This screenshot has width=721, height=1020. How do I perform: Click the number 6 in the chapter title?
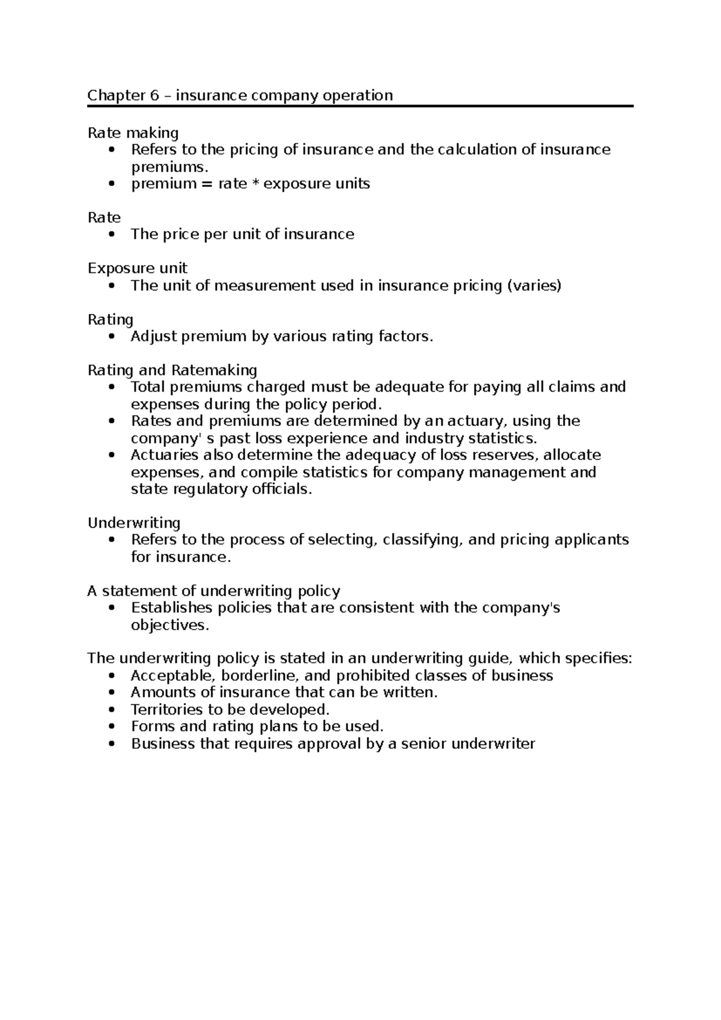point(154,95)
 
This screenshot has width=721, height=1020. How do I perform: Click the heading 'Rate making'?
point(133,132)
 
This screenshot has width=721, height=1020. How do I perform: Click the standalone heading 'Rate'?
point(104,217)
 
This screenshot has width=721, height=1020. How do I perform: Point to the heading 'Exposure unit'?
point(137,268)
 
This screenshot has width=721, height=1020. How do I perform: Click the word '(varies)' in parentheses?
point(534,286)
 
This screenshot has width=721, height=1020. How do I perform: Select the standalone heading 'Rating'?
point(111,319)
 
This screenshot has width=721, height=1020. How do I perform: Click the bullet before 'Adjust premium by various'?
point(111,337)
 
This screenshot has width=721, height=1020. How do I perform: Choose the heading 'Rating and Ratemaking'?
point(172,370)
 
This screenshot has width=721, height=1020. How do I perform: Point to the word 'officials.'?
point(281,489)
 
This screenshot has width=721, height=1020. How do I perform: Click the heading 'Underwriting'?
point(134,523)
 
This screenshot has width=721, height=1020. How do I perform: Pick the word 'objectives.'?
point(170,625)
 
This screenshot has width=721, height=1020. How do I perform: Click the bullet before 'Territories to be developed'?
point(111,710)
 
